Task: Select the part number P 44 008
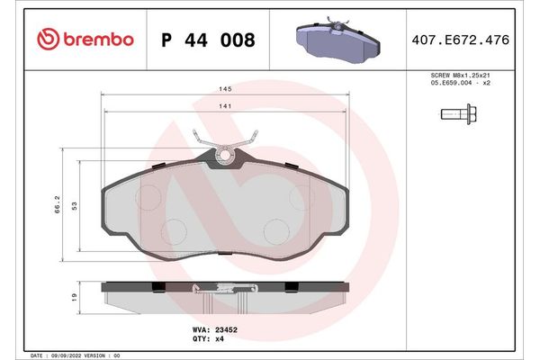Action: [x=207, y=40]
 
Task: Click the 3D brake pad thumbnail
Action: [x=336, y=39]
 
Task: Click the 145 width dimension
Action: [x=225, y=89]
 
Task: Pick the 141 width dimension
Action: [x=225, y=107]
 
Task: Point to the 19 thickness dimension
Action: [x=75, y=295]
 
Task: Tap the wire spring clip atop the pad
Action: [x=225, y=141]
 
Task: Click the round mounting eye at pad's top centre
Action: [x=225, y=157]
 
